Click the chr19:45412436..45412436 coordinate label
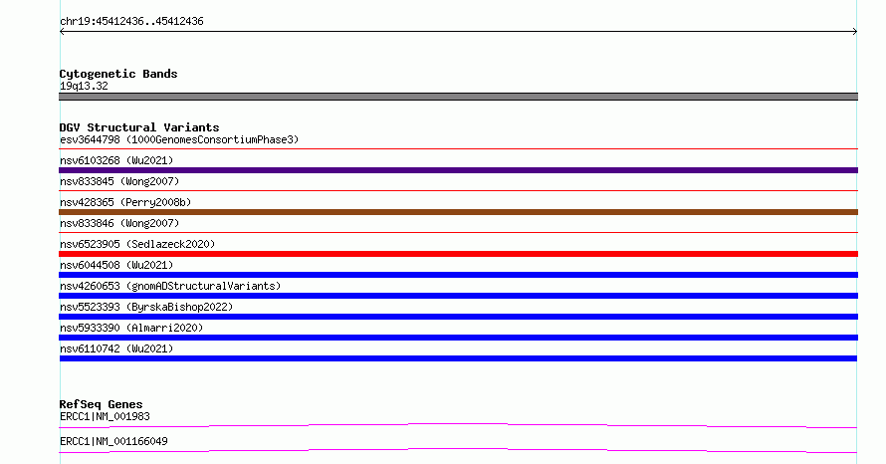[x=131, y=22]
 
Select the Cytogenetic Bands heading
[x=118, y=74]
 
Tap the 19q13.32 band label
[x=84, y=86]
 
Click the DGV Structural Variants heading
[x=139, y=127]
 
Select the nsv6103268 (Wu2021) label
[x=116, y=160]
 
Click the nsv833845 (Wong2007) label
[x=119, y=181]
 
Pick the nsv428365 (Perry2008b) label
[x=125, y=202]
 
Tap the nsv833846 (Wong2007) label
[x=119, y=223]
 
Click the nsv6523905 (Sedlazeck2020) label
[x=137, y=244]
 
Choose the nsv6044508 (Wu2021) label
[x=116, y=265]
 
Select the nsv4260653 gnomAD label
[x=170, y=286]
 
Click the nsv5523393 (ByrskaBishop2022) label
[x=146, y=307]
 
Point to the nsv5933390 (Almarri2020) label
[x=131, y=328]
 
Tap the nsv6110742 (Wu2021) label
[x=116, y=348]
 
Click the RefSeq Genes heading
[x=101, y=404]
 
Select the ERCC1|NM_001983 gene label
[x=105, y=417]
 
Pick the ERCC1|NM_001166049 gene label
[x=113, y=441]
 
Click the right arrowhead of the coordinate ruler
[x=856, y=32]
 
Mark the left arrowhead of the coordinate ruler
[x=61, y=32]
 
